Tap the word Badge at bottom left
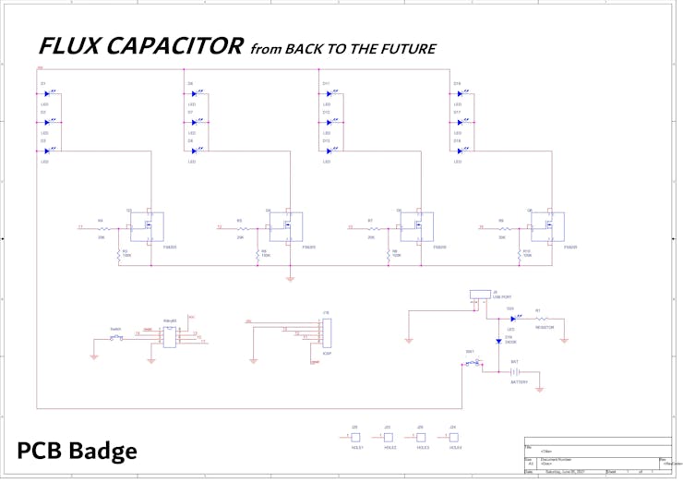(x=102, y=451)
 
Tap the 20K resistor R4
(x=102, y=227)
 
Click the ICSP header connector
(x=325, y=333)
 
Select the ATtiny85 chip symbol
(x=170, y=335)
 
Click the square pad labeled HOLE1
(x=355, y=437)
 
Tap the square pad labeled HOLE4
(x=453, y=437)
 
